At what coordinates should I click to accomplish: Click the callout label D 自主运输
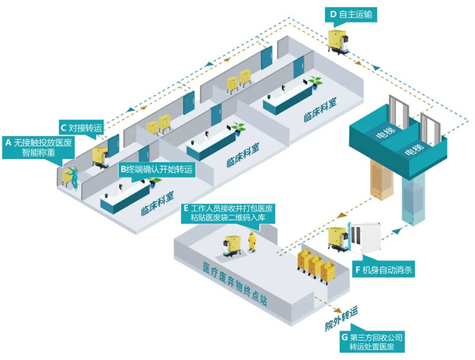[x=354, y=13]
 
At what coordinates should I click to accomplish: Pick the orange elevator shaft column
[x=381, y=178]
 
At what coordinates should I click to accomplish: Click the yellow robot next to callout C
[x=102, y=155]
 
